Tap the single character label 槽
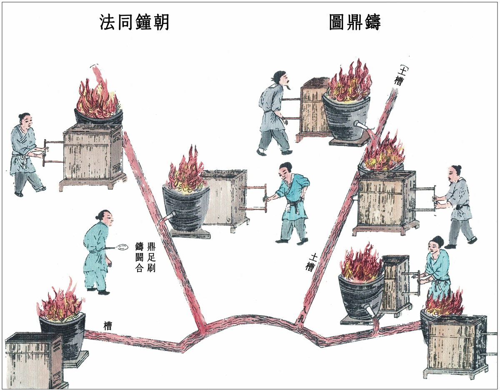tap(108, 326)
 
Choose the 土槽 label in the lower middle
tap(311, 262)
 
